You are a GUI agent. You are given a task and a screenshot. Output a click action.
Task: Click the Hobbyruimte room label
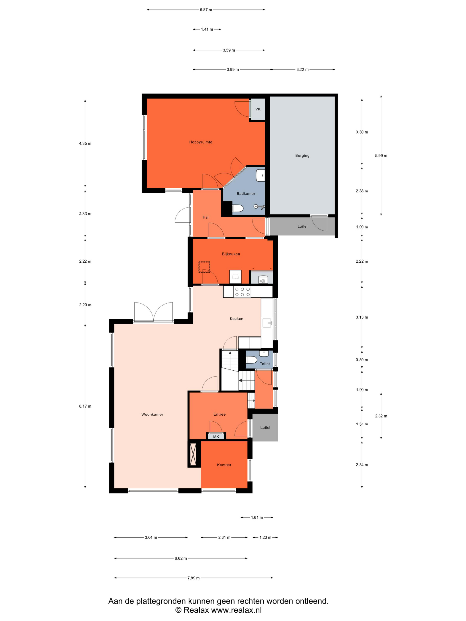pyautogui.click(x=201, y=142)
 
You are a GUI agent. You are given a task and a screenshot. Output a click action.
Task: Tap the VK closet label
pyautogui.click(x=258, y=109)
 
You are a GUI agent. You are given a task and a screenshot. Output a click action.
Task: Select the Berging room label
pyautogui.click(x=302, y=155)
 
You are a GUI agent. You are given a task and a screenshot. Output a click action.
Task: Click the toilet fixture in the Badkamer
pyautogui.click(x=238, y=208)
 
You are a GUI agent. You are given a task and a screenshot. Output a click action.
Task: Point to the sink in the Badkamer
pyautogui.click(x=260, y=175)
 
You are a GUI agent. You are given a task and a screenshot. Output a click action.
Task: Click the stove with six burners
pyautogui.click(x=242, y=292)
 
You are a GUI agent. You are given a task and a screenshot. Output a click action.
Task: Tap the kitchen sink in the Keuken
pyautogui.click(x=267, y=323)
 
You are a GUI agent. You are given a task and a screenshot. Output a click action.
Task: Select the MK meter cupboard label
pyautogui.click(x=216, y=436)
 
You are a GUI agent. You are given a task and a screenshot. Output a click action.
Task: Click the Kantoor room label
pyautogui.click(x=224, y=465)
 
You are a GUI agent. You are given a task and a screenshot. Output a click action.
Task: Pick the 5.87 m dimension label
pyautogui.click(x=206, y=10)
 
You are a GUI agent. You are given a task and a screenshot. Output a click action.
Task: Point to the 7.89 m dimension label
pyautogui.click(x=194, y=578)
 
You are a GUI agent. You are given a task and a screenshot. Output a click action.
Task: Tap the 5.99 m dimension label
pyautogui.click(x=381, y=155)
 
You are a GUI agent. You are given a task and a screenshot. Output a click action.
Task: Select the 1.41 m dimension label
pyautogui.click(x=207, y=29)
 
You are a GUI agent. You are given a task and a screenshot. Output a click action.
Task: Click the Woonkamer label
pyautogui.click(x=152, y=414)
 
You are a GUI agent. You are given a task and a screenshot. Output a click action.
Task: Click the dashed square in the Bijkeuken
pyautogui.click(x=204, y=267)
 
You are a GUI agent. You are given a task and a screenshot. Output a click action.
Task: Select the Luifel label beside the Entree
pyautogui.click(x=265, y=428)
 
